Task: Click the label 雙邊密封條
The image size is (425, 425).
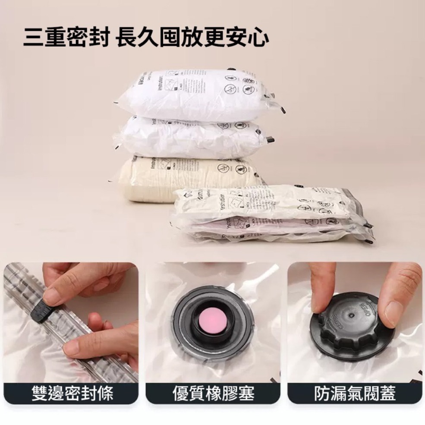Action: coord(72,393)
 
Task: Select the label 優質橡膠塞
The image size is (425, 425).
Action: coord(213,393)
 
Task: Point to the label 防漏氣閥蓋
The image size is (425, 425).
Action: coord(354,393)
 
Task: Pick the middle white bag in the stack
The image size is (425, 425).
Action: coord(190,136)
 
